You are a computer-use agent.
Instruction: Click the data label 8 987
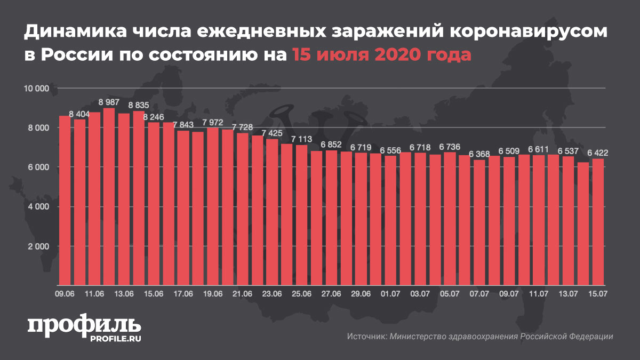pos(109,102)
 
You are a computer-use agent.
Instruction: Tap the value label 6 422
pos(598,153)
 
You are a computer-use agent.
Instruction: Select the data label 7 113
pos(301,139)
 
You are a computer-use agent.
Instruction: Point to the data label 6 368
pos(479,154)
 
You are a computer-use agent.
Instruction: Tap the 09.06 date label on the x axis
pos(65,293)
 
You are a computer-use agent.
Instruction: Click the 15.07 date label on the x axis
pos(598,293)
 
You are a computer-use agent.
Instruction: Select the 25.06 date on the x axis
pos(301,293)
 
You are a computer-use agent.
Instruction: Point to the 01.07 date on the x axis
pos(390,293)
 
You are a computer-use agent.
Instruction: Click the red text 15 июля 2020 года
pos(381,55)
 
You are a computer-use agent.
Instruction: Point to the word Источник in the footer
pos(366,337)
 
